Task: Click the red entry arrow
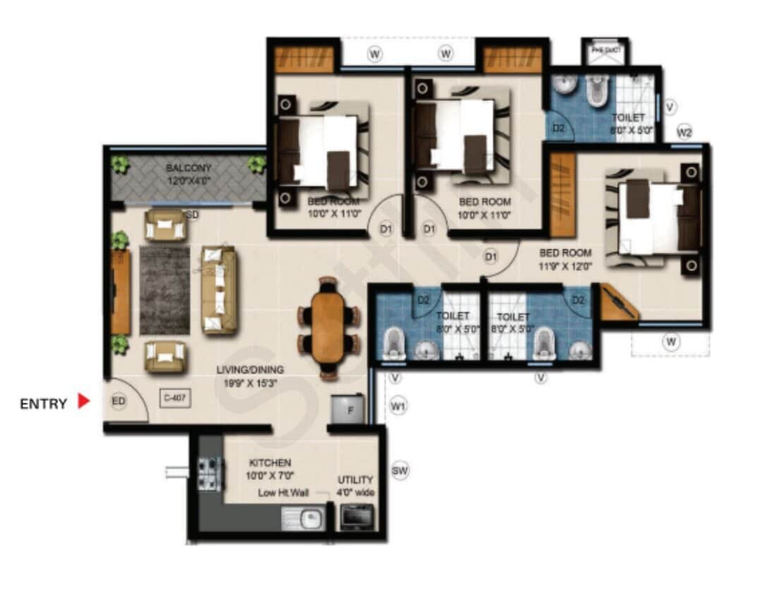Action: (84, 401)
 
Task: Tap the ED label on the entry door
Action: (119, 401)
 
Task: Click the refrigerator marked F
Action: (351, 409)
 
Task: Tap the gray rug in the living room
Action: (164, 289)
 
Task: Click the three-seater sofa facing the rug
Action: (219, 289)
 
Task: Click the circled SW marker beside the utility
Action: (400, 471)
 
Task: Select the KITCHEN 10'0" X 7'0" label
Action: (269, 469)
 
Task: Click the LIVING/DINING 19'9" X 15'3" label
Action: (250, 375)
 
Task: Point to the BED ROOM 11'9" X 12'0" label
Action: (565, 259)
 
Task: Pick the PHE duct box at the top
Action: (605, 51)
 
